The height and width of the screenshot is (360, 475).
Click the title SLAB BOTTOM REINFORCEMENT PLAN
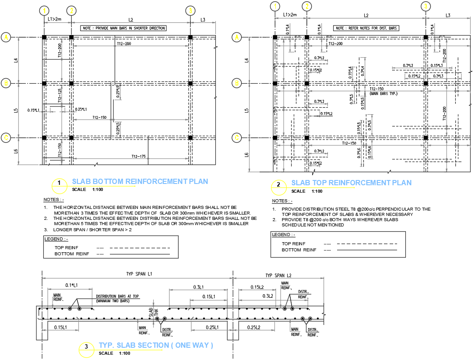pos(140,181)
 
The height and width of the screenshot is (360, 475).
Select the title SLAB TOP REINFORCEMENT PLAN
pos(351,183)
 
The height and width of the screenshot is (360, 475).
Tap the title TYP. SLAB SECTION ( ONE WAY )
pos(156,345)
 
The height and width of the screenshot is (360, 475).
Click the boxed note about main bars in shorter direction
pos(123,28)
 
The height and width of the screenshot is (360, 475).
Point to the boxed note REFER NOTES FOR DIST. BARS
pos(366,28)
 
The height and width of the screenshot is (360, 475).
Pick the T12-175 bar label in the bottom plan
pos(138,156)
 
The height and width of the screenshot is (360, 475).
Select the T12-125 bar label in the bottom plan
pos(60,95)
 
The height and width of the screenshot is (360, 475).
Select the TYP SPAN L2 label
pos(278,275)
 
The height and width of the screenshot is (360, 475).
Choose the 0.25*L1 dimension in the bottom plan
pos(81,109)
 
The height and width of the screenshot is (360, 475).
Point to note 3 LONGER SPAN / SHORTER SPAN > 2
pos(92,229)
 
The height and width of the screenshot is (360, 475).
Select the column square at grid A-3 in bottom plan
pos(190,38)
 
